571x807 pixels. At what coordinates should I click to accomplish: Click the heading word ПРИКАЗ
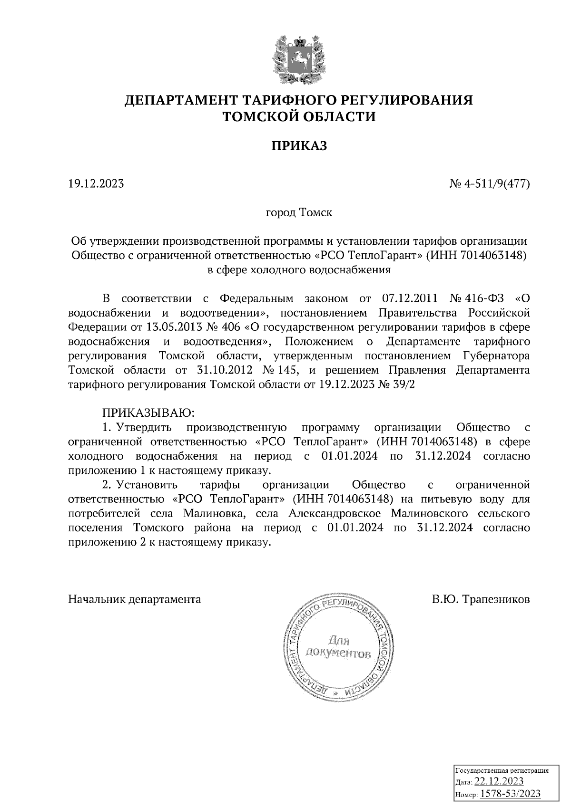click(x=299, y=146)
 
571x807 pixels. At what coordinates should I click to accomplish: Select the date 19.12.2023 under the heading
click(x=96, y=183)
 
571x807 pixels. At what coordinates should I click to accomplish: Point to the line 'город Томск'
click(x=299, y=212)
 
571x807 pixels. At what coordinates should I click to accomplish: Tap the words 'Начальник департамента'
click(x=135, y=599)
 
